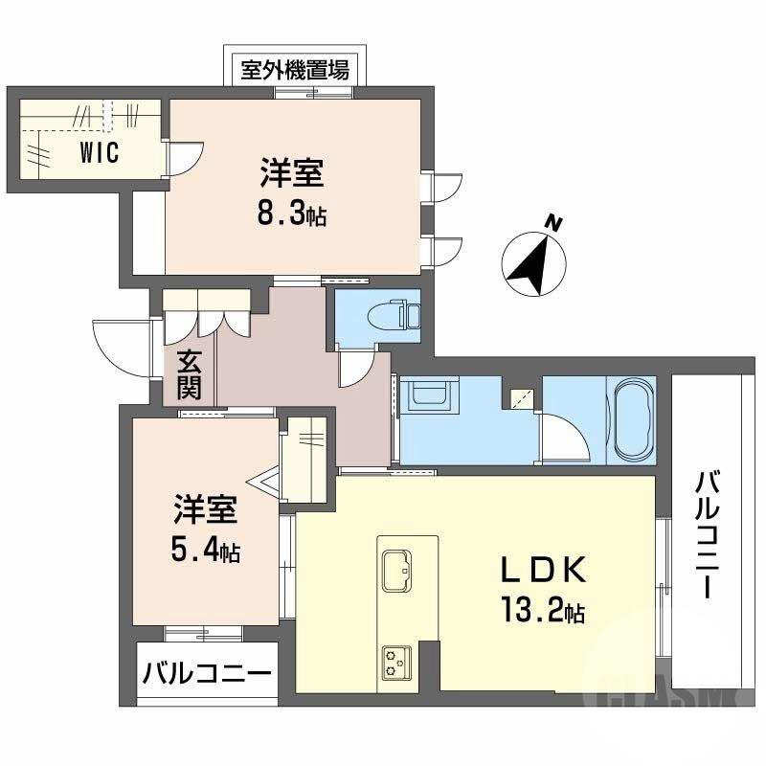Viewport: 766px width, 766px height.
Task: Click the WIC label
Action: coord(99,153)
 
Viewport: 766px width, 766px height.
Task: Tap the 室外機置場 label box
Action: coord(294,70)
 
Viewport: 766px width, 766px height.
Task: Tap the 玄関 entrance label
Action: coord(189,375)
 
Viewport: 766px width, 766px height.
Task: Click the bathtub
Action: coord(631,418)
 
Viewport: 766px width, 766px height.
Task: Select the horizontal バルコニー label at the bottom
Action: coord(207,675)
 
